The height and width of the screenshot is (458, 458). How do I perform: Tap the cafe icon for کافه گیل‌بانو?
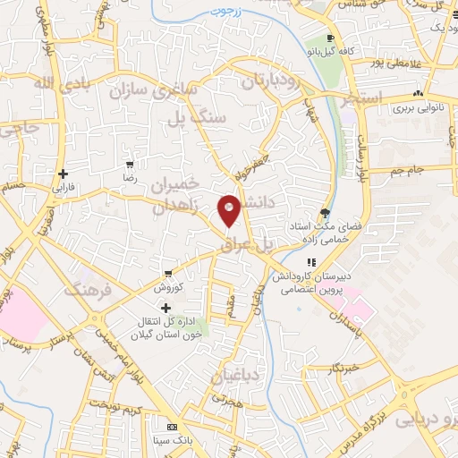point(331,38)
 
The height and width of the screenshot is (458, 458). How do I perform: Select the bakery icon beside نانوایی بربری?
point(417,94)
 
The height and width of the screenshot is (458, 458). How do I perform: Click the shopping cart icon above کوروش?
point(167,274)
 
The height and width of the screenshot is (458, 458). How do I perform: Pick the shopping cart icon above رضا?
point(131,165)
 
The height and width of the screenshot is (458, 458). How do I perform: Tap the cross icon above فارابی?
point(62,174)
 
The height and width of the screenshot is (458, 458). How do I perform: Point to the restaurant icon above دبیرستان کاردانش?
point(311,262)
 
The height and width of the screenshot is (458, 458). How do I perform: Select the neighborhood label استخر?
point(363,97)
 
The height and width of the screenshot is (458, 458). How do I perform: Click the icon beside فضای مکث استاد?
point(324,214)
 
